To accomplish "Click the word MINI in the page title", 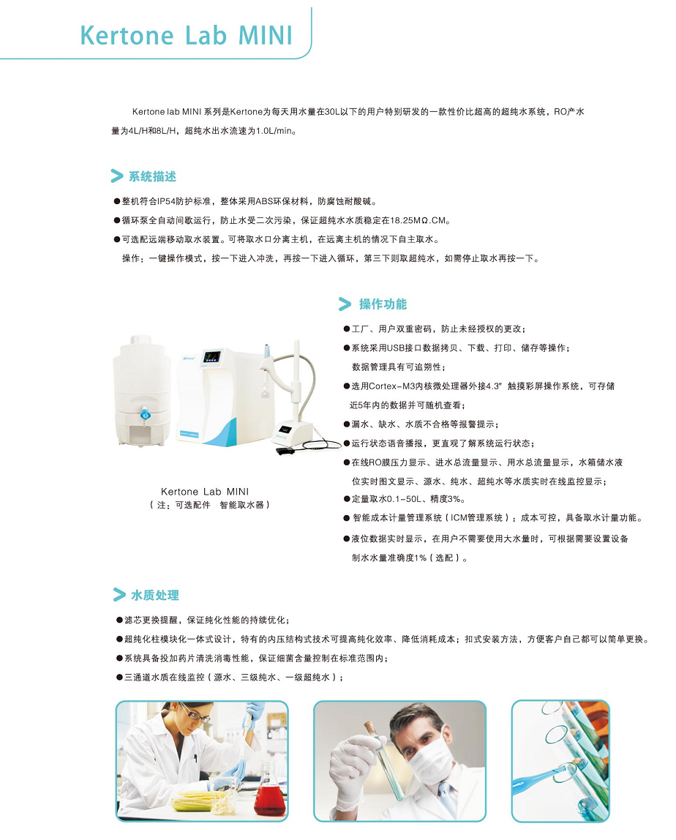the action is [265, 35].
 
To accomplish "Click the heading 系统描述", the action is [152, 176].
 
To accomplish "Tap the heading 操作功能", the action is [383, 304].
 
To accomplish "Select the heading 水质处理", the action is [155, 595].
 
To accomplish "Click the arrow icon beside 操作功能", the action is [345, 304].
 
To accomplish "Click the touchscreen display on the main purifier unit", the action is [213, 357].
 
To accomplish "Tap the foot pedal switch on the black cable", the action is [283, 451].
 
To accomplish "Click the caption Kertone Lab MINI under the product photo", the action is [205, 491].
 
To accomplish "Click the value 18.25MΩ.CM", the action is [417, 220].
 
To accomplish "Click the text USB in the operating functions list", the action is [396, 348].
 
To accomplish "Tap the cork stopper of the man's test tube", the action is [369, 728].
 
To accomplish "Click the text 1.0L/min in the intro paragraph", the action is [274, 131].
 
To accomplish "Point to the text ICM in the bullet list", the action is [459, 517].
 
